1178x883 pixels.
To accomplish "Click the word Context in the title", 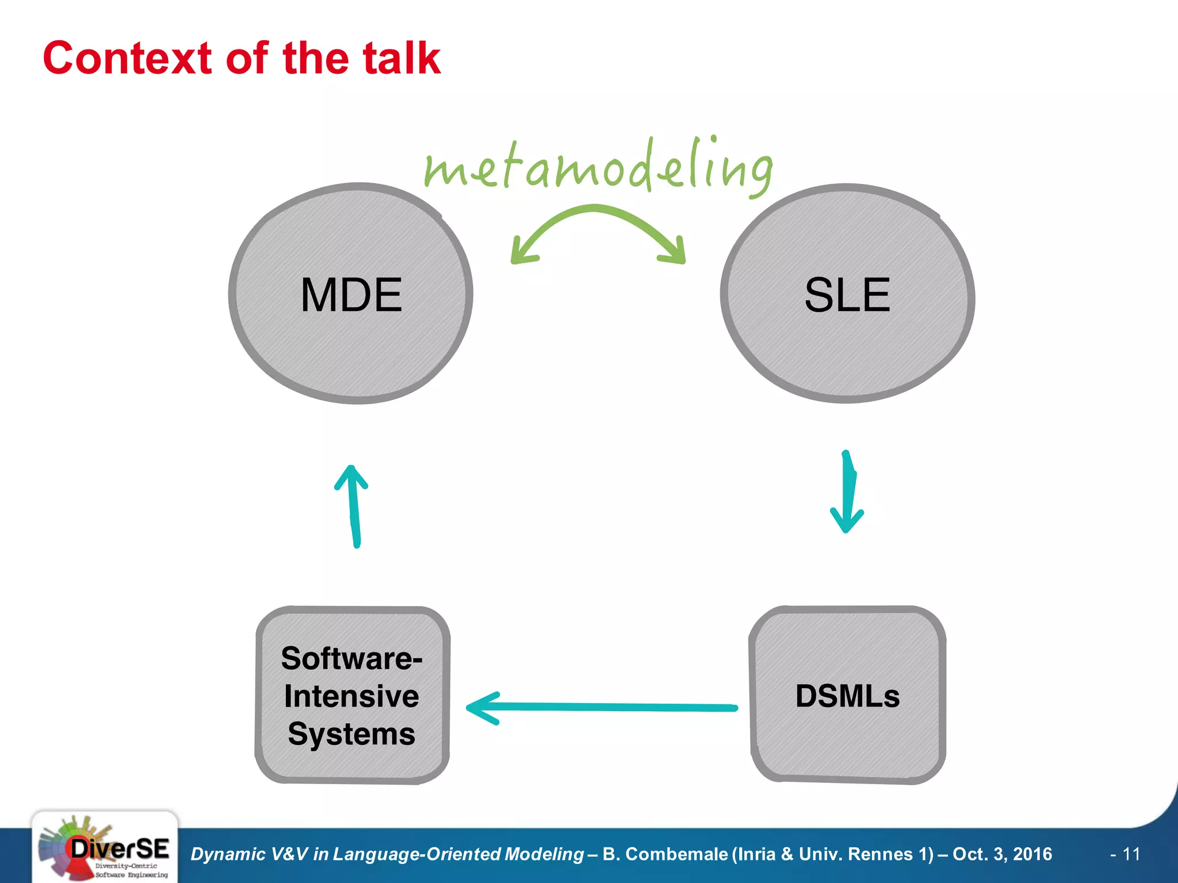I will click(127, 59).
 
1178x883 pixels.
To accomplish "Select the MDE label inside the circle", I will click(351, 295).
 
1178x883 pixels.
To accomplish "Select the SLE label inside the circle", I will click(847, 295).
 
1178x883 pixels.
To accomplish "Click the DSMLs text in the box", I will click(847, 696).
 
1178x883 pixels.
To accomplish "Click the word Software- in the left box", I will click(351, 658).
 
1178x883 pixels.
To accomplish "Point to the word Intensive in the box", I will click(351, 696).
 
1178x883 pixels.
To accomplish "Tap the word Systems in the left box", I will click(351, 734).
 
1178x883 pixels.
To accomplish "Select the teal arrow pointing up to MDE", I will click(354, 506).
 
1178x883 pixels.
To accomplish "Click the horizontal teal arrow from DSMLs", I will click(601, 707).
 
